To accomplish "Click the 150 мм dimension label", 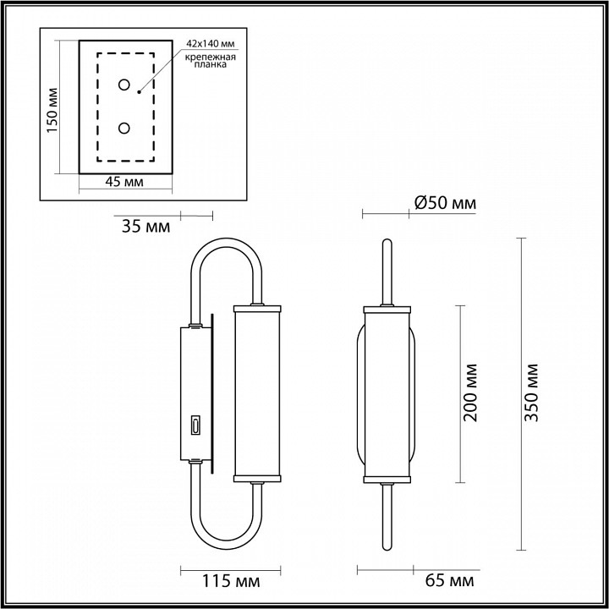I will point(52,110).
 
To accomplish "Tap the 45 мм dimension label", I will point(124,182).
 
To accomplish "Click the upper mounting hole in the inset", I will point(124,85).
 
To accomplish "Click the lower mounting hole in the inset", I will point(124,128).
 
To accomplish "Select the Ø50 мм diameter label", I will point(445,203).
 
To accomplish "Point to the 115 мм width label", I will point(231,582).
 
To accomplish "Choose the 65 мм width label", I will point(446,582).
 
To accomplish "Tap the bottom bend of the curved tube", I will point(226,542).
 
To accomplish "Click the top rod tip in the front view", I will point(387,244).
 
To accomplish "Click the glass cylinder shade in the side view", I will point(256,392).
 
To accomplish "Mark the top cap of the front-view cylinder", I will point(387,307).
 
